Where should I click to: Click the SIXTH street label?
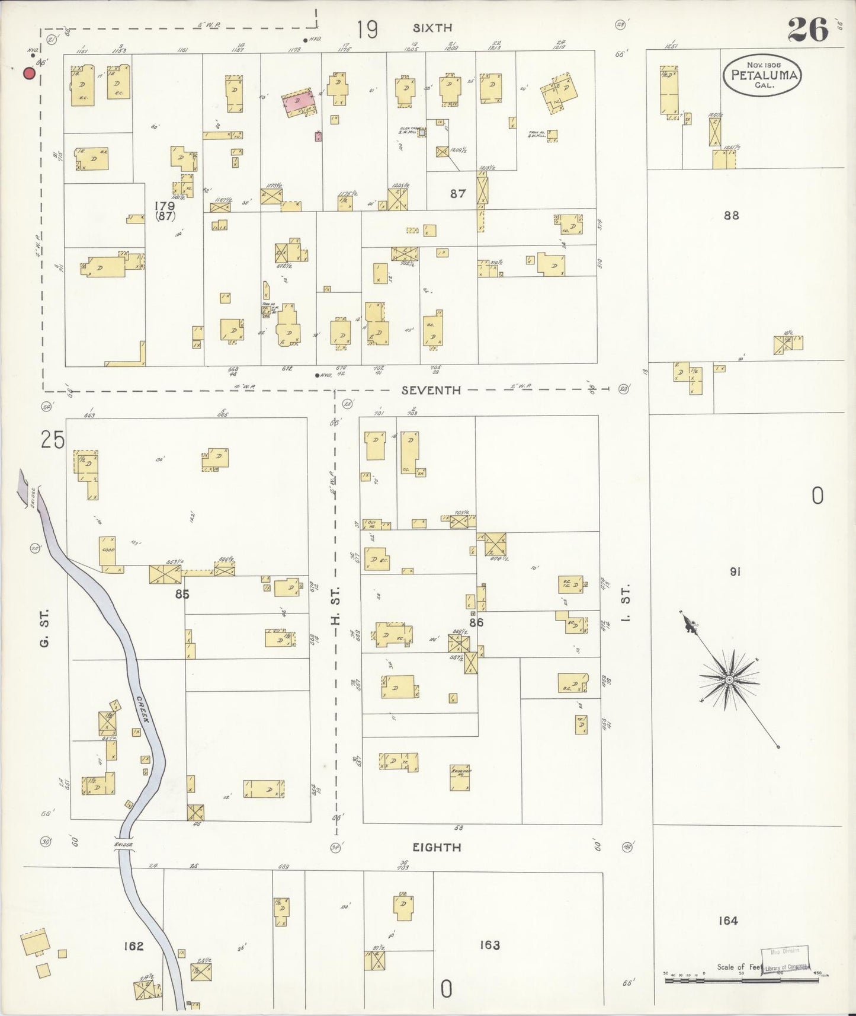(x=432, y=27)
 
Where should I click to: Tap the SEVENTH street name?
(x=431, y=390)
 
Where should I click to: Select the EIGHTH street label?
(x=437, y=847)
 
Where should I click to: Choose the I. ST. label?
(x=627, y=602)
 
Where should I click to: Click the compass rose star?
(x=729, y=679)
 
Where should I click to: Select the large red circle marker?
(x=28, y=74)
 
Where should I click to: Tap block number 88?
(x=732, y=215)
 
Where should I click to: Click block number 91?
(x=735, y=572)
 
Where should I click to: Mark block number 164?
(x=727, y=921)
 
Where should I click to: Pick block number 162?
(x=133, y=946)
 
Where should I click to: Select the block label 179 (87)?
(x=165, y=211)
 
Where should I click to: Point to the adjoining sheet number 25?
(x=52, y=440)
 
